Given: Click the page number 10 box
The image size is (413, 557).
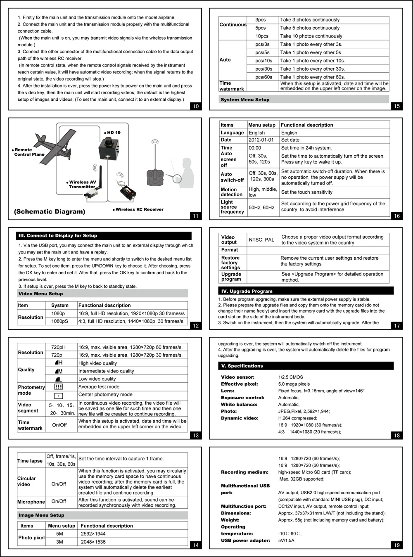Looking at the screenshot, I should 196,106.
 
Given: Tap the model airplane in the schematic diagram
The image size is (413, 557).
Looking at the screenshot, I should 56,147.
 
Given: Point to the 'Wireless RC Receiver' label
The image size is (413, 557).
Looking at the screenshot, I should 139,209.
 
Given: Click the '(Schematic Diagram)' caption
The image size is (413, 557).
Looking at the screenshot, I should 50,212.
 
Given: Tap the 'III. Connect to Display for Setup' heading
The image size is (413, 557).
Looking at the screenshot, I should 58,236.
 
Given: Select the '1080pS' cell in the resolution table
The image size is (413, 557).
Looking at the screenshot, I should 60,321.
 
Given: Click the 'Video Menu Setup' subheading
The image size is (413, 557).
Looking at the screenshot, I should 40,294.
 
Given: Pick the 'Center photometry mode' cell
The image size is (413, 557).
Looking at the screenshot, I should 105,395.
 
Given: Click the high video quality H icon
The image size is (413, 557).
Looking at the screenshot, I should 59,363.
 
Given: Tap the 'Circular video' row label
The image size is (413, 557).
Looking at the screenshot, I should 26,481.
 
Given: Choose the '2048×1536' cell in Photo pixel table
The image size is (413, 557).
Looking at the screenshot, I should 93,542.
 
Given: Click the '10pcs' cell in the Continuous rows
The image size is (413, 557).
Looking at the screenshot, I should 262,36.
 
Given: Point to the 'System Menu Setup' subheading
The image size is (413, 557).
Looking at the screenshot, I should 245,100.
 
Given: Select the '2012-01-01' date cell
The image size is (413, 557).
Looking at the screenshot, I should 261,140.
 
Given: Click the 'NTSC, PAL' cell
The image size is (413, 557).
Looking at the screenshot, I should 261,240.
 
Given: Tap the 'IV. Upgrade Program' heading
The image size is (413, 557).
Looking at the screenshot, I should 247,291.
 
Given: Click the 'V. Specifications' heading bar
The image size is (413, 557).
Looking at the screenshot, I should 242,366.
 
